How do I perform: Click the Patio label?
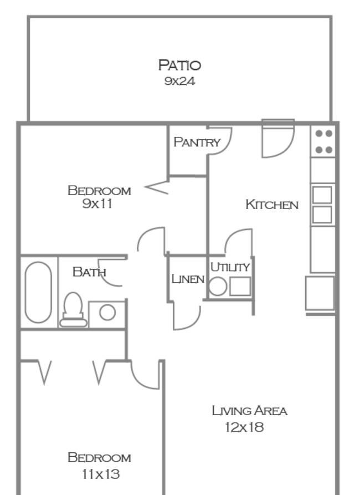pyautogui.click(x=179, y=65)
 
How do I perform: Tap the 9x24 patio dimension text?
pyautogui.click(x=179, y=81)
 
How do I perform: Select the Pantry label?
pyautogui.click(x=197, y=142)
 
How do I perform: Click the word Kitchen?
pyautogui.click(x=272, y=204)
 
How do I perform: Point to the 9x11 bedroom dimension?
pyautogui.click(x=97, y=203)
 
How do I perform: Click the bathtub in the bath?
pyautogui.click(x=38, y=292)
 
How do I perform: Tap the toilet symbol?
pyautogui.click(x=73, y=310)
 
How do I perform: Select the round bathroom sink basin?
pyautogui.click(x=107, y=313)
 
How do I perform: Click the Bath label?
pyautogui.click(x=89, y=272)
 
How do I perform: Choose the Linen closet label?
pyautogui.click(x=188, y=279)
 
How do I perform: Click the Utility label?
pyautogui.click(x=230, y=267)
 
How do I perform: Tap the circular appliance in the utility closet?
pyautogui.click(x=218, y=287)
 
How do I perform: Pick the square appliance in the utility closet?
pyautogui.click(x=240, y=287)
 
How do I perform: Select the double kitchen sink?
pyautogui.click(x=322, y=205)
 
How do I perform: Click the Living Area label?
pyautogui.click(x=250, y=411)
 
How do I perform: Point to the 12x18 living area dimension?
pyautogui.click(x=244, y=427)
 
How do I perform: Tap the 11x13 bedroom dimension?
pyautogui.click(x=101, y=474)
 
